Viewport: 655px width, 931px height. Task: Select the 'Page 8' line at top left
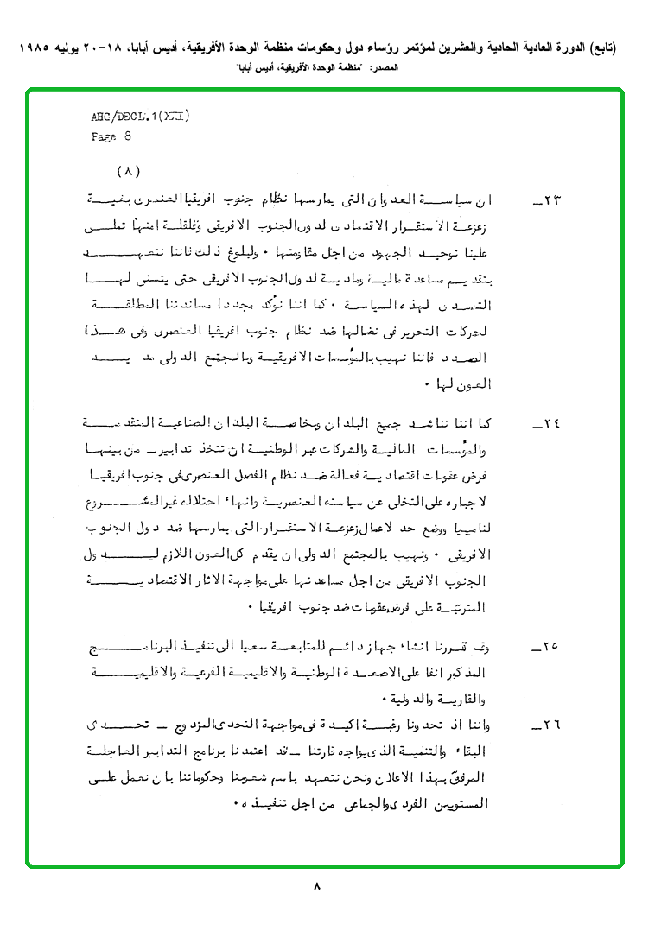[x=111, y=136]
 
